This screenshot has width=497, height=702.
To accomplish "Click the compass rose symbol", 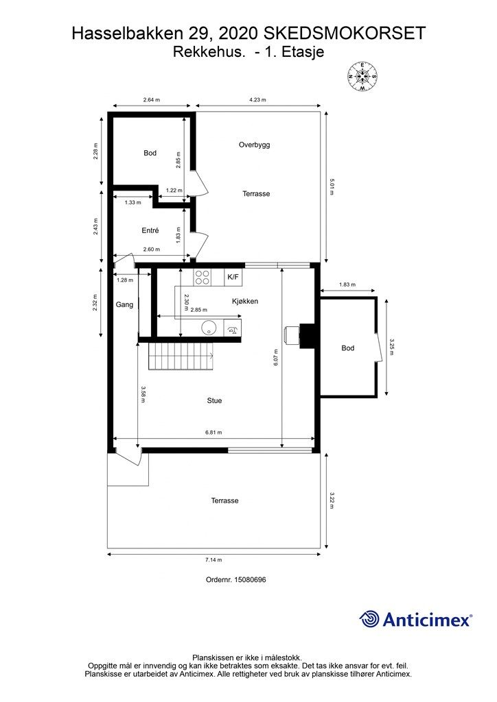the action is pos(362,76).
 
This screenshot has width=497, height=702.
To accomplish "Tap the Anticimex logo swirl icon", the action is pos(369,619).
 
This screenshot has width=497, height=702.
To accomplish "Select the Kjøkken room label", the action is pos(244,302).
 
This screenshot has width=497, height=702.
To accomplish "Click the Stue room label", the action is pos(214,400).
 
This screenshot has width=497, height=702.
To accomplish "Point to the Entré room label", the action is pos(150,230).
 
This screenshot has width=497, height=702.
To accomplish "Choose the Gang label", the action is pos(124,305).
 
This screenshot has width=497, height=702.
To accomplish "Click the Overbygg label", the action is pos(254,145).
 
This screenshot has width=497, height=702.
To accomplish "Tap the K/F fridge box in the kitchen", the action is pos(233,277).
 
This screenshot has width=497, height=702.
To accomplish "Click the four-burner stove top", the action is pos(202,277).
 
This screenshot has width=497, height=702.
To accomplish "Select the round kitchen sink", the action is pos(208,328).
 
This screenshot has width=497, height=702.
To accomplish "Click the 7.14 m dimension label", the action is pos(213,560).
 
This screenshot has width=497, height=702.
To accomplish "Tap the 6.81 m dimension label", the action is pos(213,433).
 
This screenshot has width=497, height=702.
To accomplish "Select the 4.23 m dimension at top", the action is pos(257,100).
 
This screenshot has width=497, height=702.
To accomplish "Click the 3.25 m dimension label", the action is pos(391,346).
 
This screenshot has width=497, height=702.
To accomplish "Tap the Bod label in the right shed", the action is pos(348,348).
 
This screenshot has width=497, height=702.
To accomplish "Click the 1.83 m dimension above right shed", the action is pos(347,285).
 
